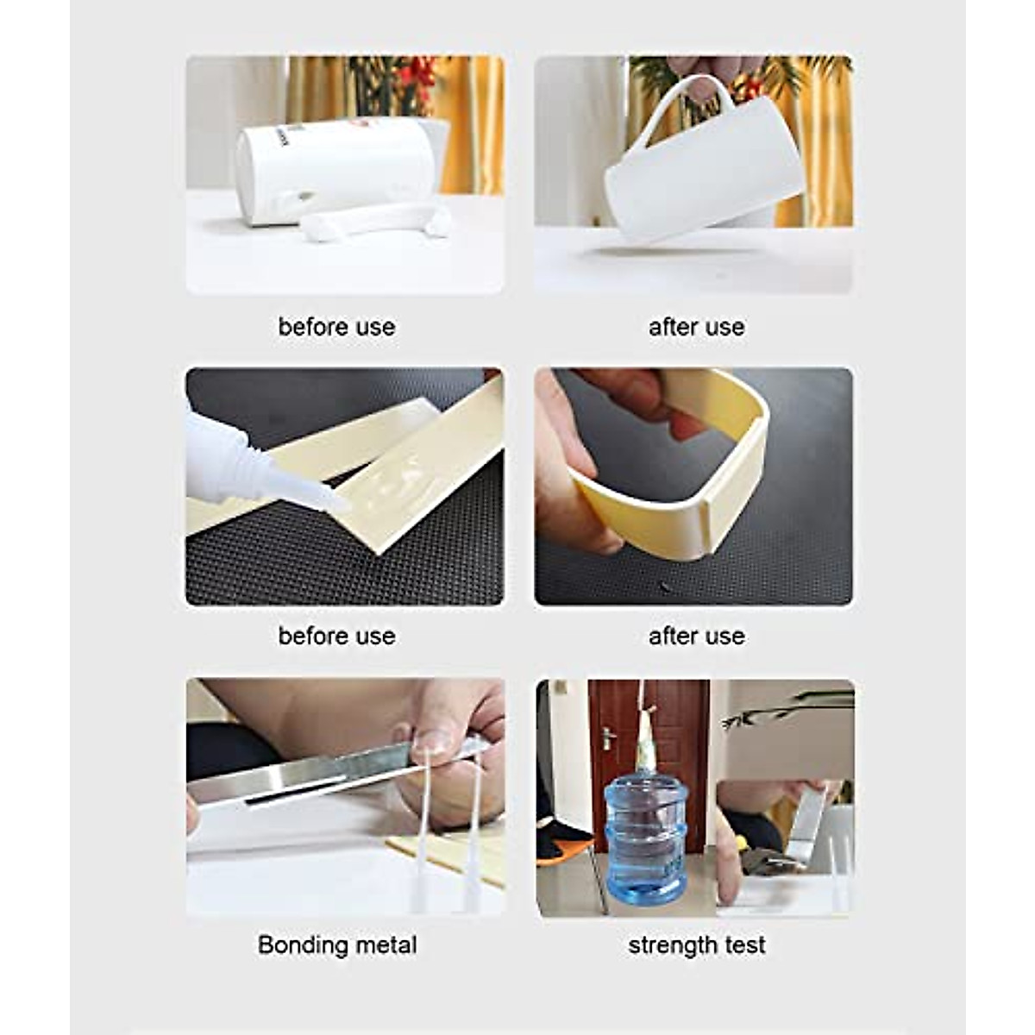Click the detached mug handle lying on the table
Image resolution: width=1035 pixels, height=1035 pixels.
375,220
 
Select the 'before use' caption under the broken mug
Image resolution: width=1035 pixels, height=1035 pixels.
336,327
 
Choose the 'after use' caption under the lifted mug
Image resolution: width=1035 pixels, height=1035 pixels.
696,327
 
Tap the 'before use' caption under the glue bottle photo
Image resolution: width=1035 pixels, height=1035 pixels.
336,636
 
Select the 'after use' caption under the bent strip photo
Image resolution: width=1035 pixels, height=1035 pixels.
696,636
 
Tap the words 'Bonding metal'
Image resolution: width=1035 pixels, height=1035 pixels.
337,944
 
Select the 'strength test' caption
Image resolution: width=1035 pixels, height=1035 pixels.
696,944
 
